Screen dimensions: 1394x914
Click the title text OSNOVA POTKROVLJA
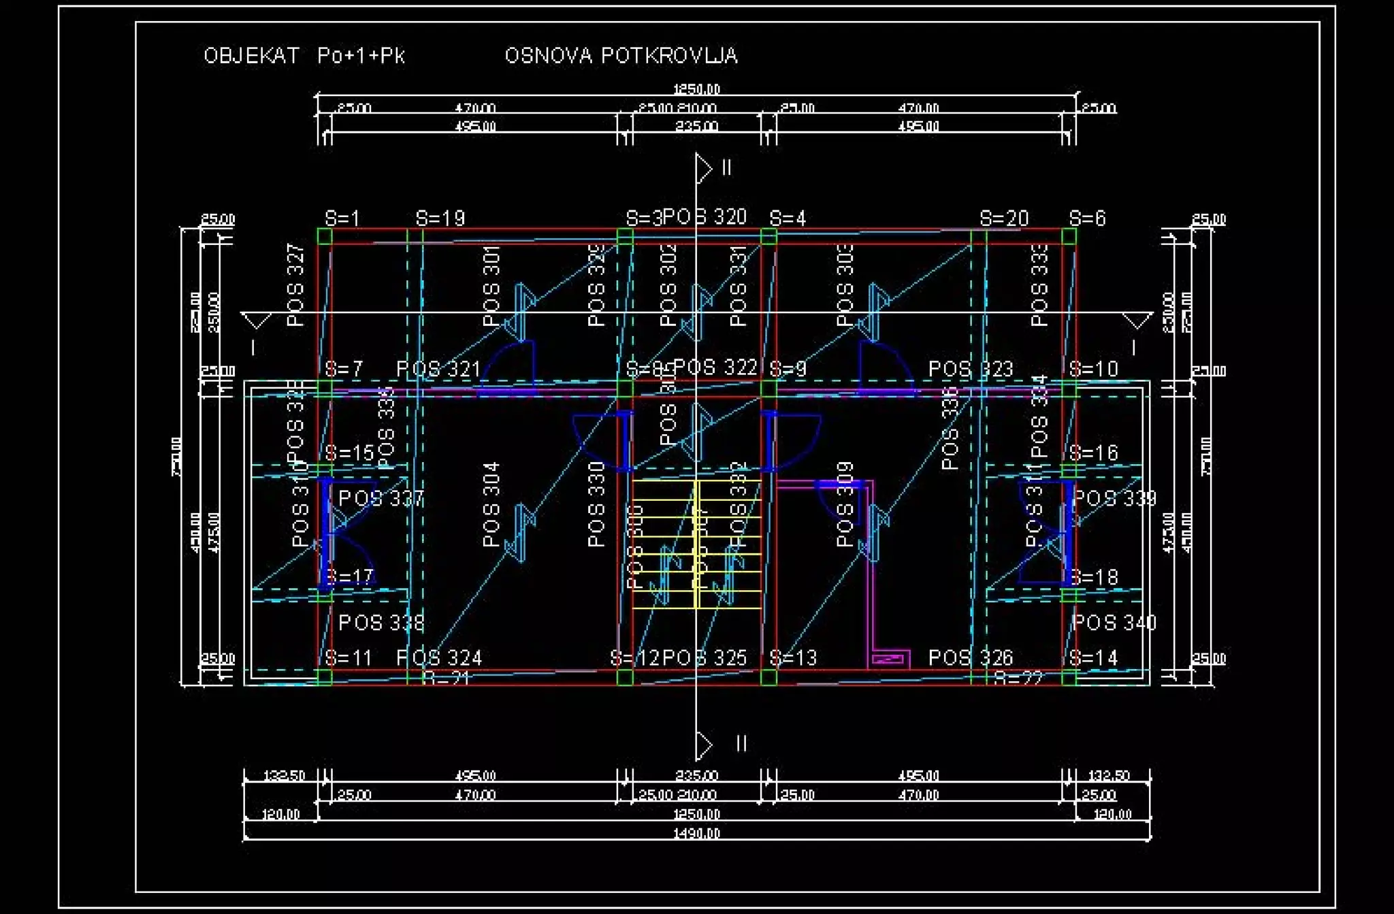point(621,55)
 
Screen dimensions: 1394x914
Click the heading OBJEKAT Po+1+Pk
point(304,55)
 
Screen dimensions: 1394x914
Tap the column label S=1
point(342,218)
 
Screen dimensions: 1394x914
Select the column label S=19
point(440,218)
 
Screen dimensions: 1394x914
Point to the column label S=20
point(1004,218)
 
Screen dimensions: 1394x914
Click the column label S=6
point(1087,218)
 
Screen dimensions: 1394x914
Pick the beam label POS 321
point(438,370)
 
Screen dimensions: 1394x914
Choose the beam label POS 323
point(971,370)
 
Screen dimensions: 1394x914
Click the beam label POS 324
point(439,658)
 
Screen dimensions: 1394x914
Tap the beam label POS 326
point(971,658)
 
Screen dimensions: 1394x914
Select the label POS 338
point(381,623)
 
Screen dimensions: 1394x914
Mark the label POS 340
point(1114,623)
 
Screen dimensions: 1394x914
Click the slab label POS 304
point(491,504)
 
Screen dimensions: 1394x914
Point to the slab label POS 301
point(491,286)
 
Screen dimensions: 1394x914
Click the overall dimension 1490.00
point(696,834)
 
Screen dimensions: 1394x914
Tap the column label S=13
point(792,658)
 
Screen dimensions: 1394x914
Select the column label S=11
point(348,658)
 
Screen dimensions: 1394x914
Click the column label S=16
point(1093,453)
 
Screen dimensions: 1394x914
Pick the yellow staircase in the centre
point(696,544)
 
